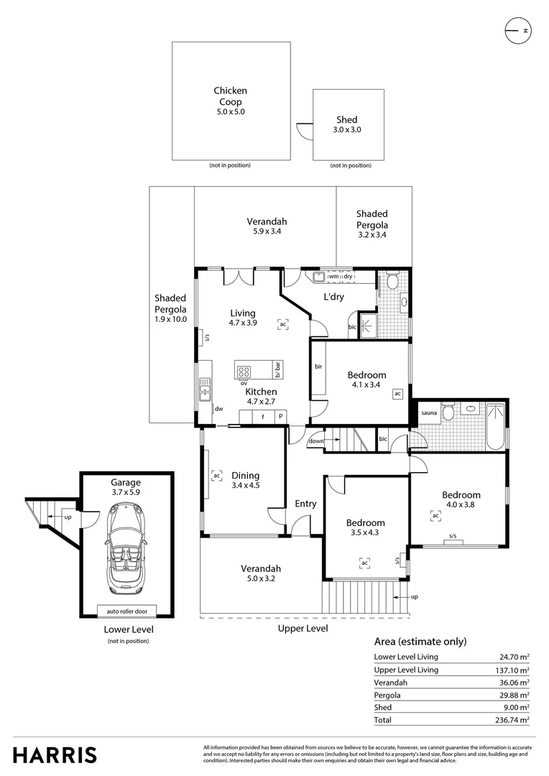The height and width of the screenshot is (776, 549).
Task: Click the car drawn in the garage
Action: coord(126,546)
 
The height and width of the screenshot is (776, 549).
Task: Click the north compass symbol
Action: coord(517,30)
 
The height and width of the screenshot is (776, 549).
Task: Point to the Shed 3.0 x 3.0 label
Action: coord(347,124)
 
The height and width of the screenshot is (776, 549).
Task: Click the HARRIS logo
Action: coord(55,754)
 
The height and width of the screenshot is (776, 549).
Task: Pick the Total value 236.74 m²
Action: coord(515,719)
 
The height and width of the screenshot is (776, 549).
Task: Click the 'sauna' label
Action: coord(429,412)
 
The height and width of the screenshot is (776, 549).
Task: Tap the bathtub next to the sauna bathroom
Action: coord(496,428)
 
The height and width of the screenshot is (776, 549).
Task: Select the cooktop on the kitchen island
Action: coord(244,371)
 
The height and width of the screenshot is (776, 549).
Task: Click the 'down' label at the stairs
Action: coord(316,440)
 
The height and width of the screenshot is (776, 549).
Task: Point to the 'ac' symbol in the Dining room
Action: coord(216,475)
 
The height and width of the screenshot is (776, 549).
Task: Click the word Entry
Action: coord(305,504)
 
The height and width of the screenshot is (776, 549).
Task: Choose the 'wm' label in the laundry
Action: coord(333,276)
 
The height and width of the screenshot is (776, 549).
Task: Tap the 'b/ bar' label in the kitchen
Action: coord(277,369)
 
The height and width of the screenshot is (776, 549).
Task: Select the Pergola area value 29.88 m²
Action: coord(515,695)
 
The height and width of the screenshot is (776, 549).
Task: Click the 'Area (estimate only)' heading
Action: coord(420,642)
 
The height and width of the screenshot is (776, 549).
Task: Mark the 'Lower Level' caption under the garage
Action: coord(129,629)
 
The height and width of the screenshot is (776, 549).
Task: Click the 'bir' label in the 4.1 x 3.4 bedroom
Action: coord(318,366)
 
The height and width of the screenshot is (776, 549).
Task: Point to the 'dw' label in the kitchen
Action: coord(219,408)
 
